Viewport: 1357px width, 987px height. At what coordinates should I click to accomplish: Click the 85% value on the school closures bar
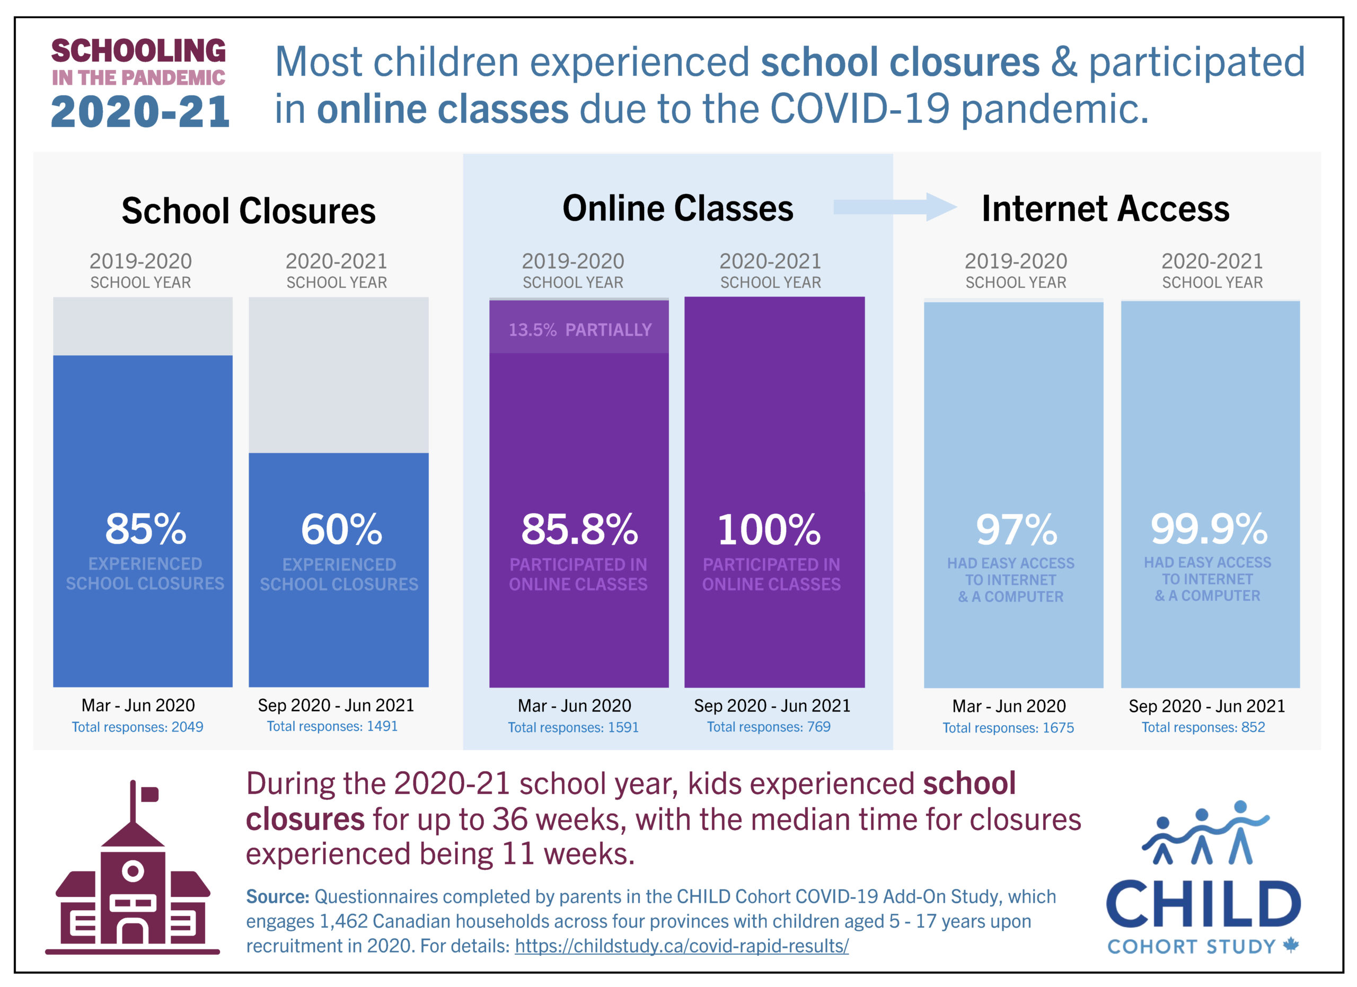click(x=145, y=530)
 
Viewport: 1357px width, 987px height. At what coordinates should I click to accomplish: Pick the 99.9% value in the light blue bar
click(x=1209, y=529)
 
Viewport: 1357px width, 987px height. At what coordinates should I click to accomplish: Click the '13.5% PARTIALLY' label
click(x=580, y=330)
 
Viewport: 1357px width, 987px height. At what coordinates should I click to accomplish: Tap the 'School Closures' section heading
click(x=248, y=210)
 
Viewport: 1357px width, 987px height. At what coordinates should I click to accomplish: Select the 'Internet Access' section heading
click(x=1105, y=209)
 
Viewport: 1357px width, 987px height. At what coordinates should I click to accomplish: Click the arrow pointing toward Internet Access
click(x=894, y=207)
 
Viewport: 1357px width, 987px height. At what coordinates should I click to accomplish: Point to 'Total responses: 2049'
click(x=138, y=727)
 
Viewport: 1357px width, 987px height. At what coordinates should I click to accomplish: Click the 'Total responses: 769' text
click(x=768, y=727)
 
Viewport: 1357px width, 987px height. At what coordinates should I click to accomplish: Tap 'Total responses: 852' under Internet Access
click(x=1203, y=727)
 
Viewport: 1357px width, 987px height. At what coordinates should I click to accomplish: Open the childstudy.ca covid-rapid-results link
click(x=682, y=946)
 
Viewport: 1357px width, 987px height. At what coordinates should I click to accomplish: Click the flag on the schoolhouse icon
click(x=149, y=795)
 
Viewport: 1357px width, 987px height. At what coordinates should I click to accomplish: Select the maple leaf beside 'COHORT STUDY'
click(x=1291, y=945)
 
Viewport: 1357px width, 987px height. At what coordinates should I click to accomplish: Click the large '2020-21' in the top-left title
click(x=140, y=112)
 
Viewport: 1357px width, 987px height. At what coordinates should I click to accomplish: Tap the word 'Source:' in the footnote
click(x=277, y=896)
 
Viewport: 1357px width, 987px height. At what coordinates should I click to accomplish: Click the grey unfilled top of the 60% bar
click(x=339, y=374)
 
